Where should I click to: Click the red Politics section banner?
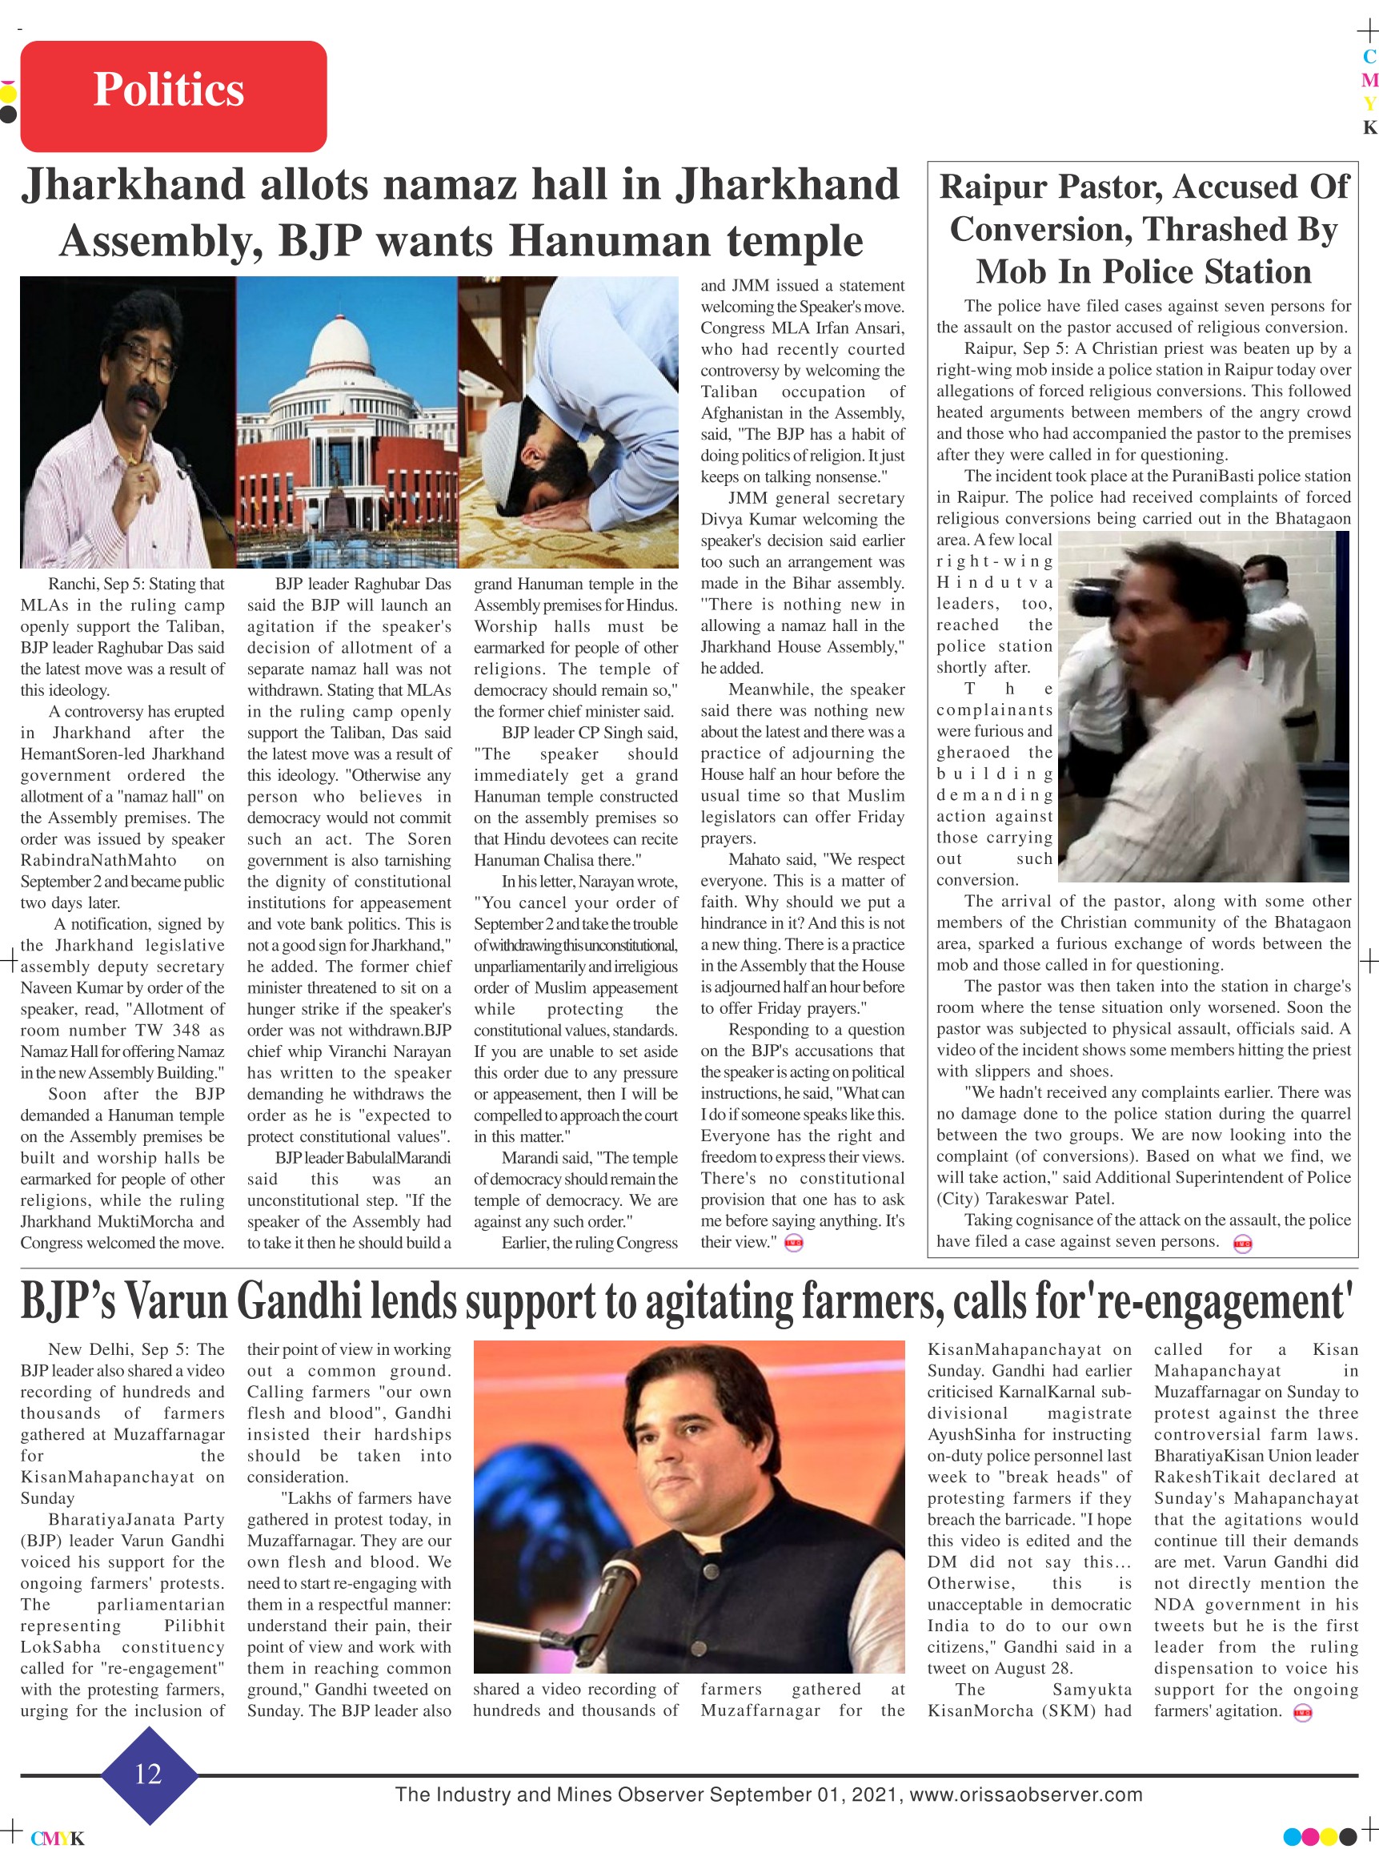(173, 95)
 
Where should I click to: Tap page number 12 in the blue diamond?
(148, 1773)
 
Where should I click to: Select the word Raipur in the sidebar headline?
(992, 187)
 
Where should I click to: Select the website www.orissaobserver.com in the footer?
(1026, 1795)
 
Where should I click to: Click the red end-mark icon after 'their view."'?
(794, 1244)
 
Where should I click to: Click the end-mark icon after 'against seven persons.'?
(1242, 1244)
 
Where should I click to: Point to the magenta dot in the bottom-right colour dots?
(1310, 1836)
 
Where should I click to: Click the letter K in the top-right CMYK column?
(1369, 128)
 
